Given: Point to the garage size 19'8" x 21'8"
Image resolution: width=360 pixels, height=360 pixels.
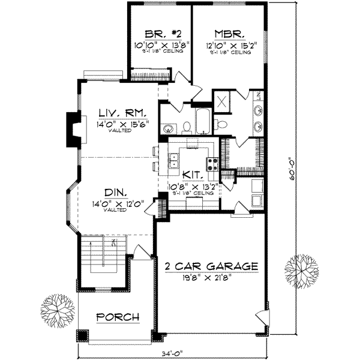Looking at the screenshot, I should click(x=212, y=277).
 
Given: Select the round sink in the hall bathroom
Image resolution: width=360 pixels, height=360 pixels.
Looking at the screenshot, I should click(x=169, y=127).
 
